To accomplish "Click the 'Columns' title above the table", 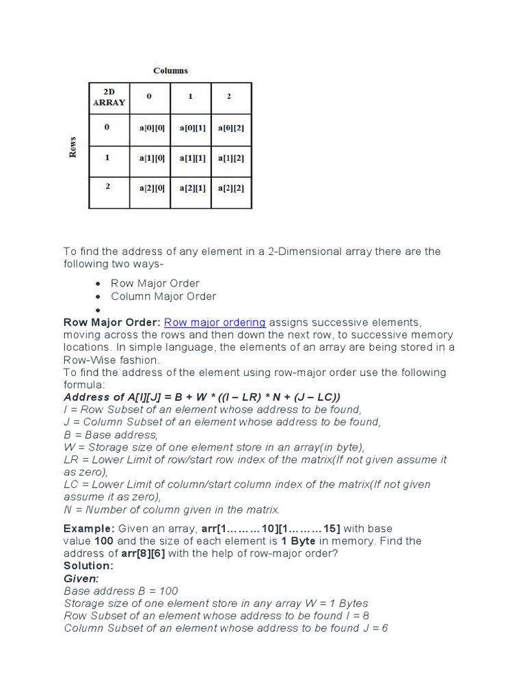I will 170,70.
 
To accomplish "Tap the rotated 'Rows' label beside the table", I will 72,147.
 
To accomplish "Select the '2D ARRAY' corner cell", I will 109,98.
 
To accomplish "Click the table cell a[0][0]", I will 151,128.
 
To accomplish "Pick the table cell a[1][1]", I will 192,158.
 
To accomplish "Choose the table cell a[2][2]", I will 231,188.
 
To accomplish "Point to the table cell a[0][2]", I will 231,128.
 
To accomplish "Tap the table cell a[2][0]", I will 151,188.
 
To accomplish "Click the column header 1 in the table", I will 191,96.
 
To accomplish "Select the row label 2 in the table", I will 108,185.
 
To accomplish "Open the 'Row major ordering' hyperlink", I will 215,322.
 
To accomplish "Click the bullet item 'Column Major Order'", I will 163,296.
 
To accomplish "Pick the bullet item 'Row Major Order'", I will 155,283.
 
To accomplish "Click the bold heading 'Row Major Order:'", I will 112,322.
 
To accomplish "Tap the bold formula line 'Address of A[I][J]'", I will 202,397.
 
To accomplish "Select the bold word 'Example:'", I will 90,528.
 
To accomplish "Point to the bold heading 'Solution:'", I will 88,565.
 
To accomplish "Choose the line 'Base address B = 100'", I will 120,591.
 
